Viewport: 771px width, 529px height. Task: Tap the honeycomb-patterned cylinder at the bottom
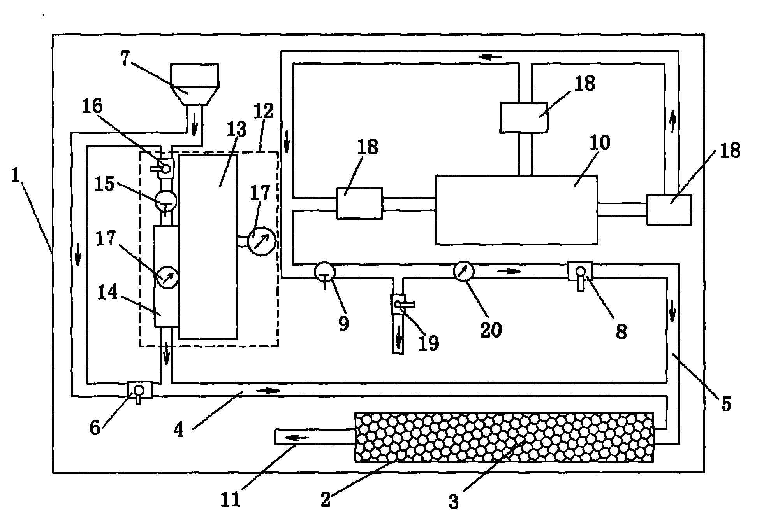(504, 437)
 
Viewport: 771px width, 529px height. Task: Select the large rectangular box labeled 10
(516, 210)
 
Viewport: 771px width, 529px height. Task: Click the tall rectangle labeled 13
(208, 247)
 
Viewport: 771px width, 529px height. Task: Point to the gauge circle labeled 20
(463, 271)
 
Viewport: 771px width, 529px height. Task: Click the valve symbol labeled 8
(580, 272)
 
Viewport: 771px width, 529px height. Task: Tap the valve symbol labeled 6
(139, 390)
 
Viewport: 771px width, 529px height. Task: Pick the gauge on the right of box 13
(261, 241)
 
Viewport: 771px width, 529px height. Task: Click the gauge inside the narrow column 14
(167, 277)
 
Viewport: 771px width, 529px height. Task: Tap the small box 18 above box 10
(524, 117)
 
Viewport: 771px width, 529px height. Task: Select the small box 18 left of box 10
(359, 203)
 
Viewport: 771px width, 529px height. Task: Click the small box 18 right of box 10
(669, 210)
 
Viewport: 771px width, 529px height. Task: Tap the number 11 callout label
(231, 499)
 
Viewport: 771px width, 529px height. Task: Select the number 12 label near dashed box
(264, 112)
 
